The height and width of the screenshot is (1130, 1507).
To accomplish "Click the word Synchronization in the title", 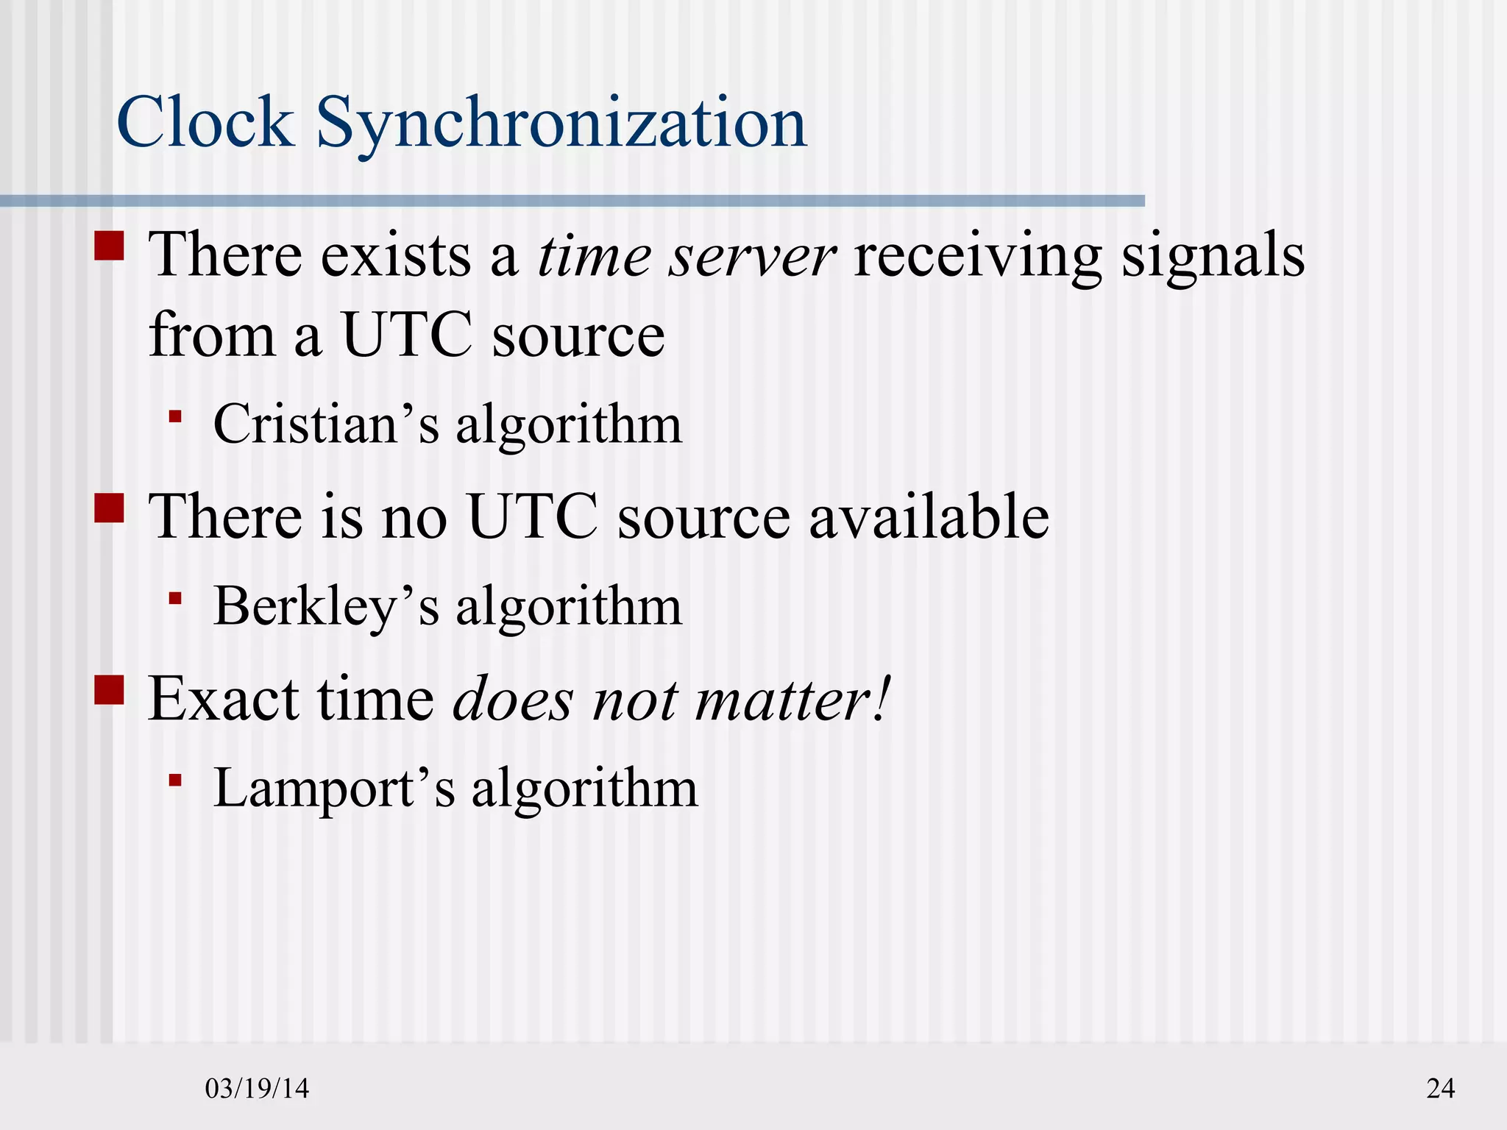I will [561, 125].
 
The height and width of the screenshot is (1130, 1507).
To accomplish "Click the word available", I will [929, 516].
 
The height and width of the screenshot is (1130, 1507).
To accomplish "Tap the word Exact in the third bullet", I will [223, 699].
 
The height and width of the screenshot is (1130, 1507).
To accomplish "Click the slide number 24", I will [1440, 1088].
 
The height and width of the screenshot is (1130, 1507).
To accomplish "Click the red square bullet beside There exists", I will [109, 246].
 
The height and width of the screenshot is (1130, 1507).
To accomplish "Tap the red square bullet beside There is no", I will [109, 508].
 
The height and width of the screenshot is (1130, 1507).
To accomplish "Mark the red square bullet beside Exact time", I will [109, 690].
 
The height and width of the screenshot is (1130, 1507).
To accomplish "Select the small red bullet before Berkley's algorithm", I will [175, 598].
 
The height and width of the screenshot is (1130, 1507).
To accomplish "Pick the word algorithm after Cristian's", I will [569, 426].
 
